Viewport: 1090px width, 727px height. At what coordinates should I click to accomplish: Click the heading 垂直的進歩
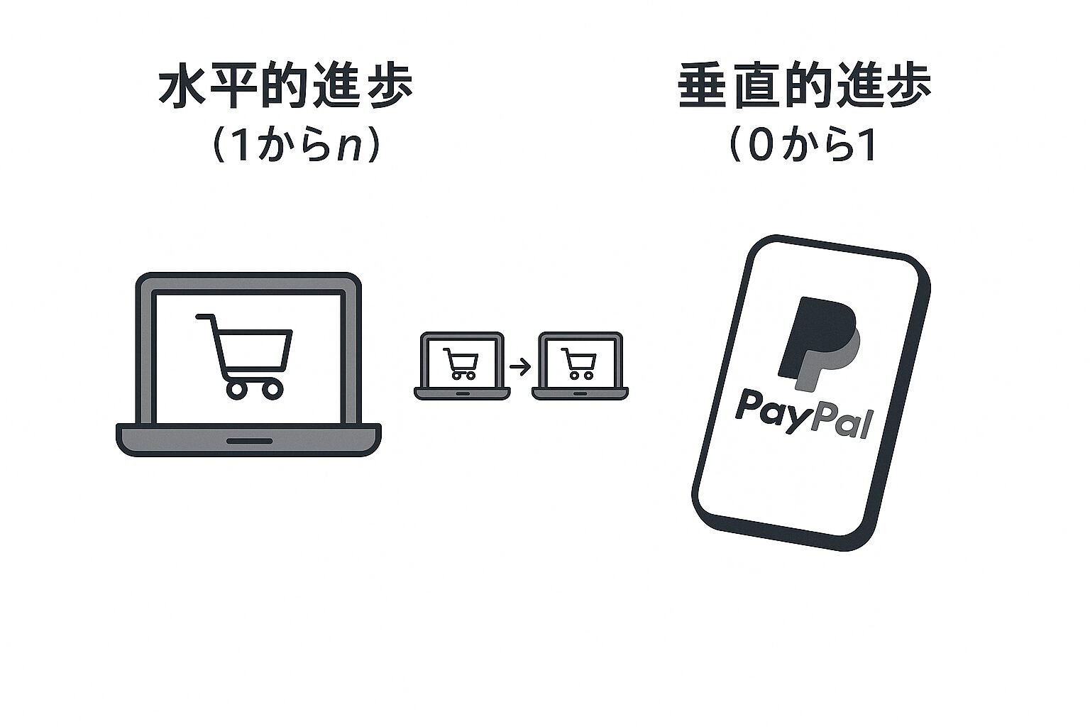(805, 89)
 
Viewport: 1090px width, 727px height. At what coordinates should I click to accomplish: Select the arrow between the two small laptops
(519, 367)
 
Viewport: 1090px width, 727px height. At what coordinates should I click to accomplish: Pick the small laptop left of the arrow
(461, 366)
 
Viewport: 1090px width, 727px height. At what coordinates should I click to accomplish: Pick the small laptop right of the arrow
(580, 366)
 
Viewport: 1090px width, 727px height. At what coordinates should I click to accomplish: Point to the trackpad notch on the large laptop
(249, 441)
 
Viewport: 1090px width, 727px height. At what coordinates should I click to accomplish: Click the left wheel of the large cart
(236, 388)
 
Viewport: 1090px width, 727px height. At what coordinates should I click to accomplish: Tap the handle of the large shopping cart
(205, 316)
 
